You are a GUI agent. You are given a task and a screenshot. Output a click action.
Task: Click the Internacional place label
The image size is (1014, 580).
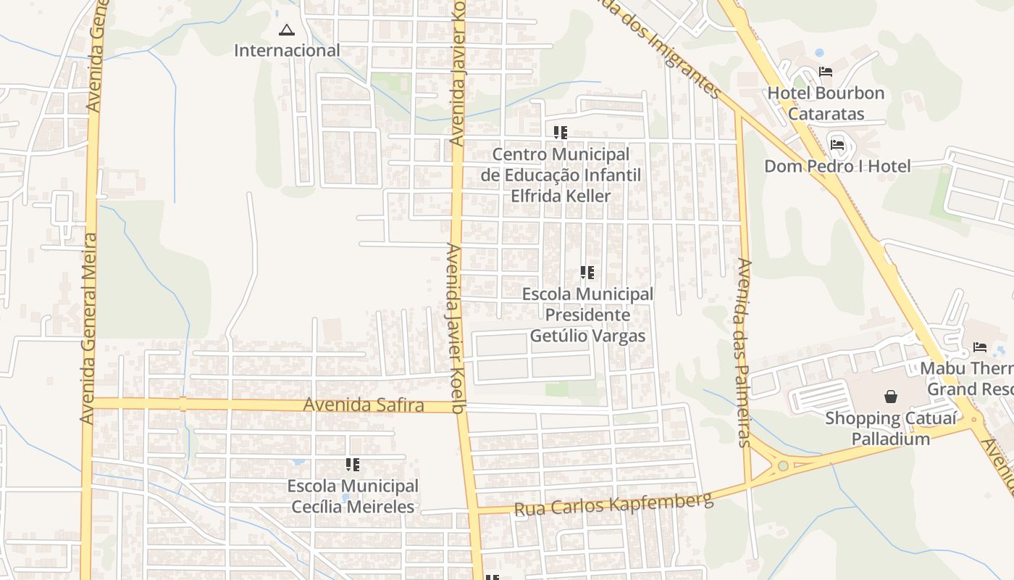pyautogui.click(x=287, y=51)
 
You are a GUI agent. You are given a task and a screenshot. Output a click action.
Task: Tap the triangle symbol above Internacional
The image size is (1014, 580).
pyautogui.click(x=287, y=30)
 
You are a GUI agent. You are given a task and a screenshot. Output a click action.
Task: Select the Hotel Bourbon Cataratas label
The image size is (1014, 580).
pyautogui.click(x=826, y=103)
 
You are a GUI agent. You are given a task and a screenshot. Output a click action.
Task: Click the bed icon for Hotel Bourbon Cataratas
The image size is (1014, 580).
pyautogui.click(x=826, y=72)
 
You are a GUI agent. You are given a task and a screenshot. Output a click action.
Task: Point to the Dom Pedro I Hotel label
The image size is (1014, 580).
pyautogui.click(x=837, y=166)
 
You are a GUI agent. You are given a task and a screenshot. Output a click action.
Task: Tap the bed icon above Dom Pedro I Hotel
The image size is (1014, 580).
pyautogui.click(x=837, y=144)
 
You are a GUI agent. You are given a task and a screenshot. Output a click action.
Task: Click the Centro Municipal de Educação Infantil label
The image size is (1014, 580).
pyautogui.click(x=561, y=175)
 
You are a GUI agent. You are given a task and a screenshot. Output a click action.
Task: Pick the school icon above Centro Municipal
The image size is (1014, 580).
pyautogui.click(x=561, y=133)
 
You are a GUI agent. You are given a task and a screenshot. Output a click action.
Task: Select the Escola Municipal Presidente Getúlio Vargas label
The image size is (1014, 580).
pyautogui.click(x=587, y=315)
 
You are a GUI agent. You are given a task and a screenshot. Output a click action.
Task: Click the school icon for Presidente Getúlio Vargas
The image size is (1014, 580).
pyautogui.click(x=587, y=273)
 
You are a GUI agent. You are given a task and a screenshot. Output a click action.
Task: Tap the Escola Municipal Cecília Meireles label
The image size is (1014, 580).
pyautogui.click(x=353, y=496)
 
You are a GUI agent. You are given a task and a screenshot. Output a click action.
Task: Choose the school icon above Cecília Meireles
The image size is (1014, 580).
pyautogui.click(x=353, y=465)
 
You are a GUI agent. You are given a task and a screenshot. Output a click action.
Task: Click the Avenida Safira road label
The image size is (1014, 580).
pyautogui.click(x=364, y=405)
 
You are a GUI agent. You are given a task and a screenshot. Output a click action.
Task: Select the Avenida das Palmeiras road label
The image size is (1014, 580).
pyautogui.click(x=744, y=352)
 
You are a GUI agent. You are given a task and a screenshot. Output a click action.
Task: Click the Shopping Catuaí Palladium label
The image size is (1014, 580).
pyautogui.click(x=891, y=428)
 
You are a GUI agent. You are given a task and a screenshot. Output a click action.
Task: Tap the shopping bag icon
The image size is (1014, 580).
pyautogui.click(x=891, y=397)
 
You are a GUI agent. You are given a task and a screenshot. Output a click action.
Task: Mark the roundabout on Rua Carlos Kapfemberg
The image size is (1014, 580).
pyautogui.click(x=783, y=465)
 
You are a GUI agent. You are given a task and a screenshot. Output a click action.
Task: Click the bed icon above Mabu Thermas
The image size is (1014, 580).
pyautogui.click(x=980, y=347)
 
